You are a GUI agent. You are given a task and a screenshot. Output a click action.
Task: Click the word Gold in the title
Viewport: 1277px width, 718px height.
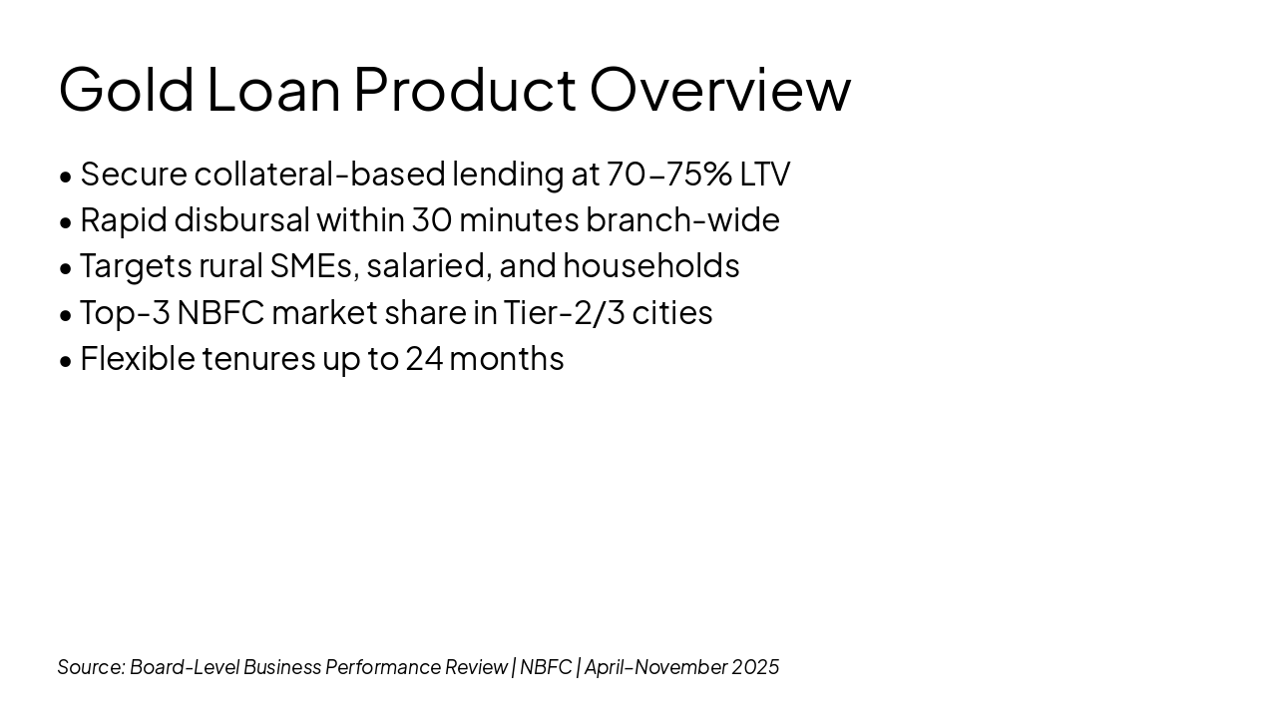126,90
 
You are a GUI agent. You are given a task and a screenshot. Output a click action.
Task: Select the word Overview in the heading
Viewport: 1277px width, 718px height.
720,90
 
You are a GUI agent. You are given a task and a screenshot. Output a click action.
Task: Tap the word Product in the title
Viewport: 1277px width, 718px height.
465,90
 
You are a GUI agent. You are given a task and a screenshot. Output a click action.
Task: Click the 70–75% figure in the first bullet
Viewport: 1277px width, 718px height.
668,174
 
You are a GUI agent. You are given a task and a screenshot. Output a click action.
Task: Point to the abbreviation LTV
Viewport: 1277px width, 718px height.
765,174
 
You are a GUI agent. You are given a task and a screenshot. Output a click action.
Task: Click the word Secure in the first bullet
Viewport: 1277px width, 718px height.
134,174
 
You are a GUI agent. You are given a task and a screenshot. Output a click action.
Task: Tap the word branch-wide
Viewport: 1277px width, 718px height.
682,219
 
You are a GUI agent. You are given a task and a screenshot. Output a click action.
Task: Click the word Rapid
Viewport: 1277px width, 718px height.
124,221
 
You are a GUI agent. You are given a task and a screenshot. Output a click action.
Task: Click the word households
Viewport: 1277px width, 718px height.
651,265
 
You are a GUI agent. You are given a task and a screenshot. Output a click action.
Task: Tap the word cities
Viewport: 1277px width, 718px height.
672,312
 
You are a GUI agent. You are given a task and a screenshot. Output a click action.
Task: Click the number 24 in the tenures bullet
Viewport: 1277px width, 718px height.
424,359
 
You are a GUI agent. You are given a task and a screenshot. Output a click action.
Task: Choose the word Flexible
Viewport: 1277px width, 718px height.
138,358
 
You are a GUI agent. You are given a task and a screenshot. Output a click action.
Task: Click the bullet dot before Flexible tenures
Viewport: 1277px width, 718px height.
66,361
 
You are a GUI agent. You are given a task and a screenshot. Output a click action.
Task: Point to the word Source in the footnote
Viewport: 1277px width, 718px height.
91,667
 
